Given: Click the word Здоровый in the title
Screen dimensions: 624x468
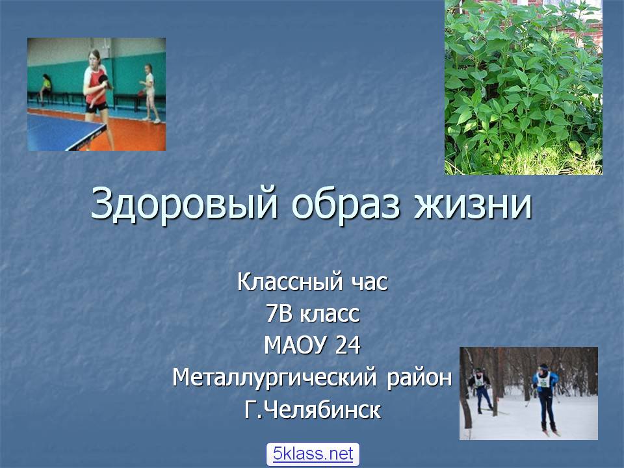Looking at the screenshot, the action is (x=184, y=203).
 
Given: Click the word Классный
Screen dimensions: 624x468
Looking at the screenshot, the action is (x=290, y=281).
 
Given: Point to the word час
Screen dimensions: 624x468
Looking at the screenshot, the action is (x=370, y=283).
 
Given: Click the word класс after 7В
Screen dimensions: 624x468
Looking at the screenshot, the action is (x=330, y=315).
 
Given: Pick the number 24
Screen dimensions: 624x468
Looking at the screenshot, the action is (x=348, y=345).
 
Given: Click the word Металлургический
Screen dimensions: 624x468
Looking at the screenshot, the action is (x=274, y=377).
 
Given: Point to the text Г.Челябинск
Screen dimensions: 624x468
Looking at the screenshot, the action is (x=313, y=409).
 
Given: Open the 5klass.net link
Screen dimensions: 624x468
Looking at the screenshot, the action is (x=313, y=454).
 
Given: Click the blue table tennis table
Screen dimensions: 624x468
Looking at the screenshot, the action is (x=64, y=132).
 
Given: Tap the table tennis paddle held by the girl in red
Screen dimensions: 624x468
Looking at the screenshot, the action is (x=104, y=81).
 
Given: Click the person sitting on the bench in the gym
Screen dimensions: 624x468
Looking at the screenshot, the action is (x=45, y=88).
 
